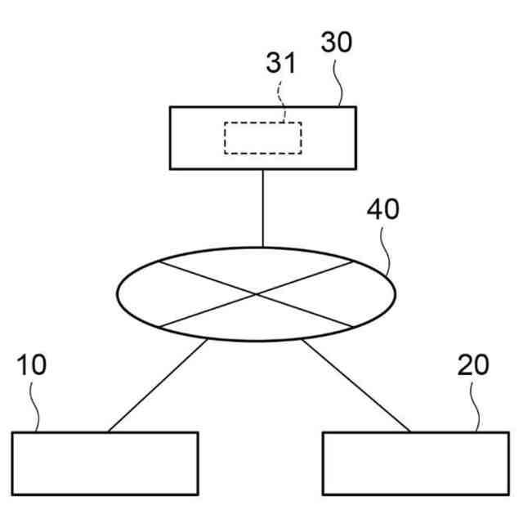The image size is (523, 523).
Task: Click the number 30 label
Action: [x=337, y=42]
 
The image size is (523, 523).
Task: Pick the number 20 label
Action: [x=473, y=365]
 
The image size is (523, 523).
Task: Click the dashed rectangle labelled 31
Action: [x=263, y=138]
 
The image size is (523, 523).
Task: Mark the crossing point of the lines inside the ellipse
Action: [x=257, y=293]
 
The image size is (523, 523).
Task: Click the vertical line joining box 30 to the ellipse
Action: [x=262, y=208]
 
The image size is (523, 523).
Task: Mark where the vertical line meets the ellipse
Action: [x=262, y=247]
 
